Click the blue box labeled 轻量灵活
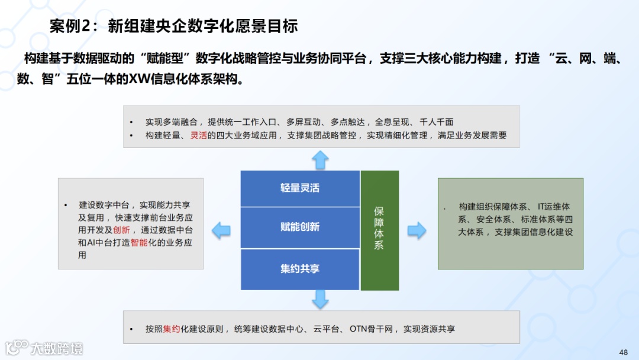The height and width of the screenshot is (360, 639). coord(300,188)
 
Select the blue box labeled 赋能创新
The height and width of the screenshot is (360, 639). coord(300,227)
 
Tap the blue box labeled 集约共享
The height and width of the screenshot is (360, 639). coord(300,269)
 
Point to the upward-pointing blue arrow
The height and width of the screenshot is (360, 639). coord(320,159)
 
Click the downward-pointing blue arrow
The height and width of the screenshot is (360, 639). coord(320,300)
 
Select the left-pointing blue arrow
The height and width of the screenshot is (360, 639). coord(221,230)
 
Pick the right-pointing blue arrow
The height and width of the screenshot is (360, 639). coord(417,230)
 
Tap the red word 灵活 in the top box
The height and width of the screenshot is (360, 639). coord(198,135)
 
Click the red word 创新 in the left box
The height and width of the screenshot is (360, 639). coord(121,230)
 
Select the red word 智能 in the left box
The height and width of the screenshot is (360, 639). coord(140,243)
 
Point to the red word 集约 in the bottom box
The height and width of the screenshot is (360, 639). coord(172,329)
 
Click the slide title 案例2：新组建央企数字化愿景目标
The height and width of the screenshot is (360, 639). coord(173,25)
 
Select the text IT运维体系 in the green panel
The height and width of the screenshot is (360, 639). coord(553,207)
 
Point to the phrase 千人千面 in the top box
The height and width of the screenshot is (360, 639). coord(436,122)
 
